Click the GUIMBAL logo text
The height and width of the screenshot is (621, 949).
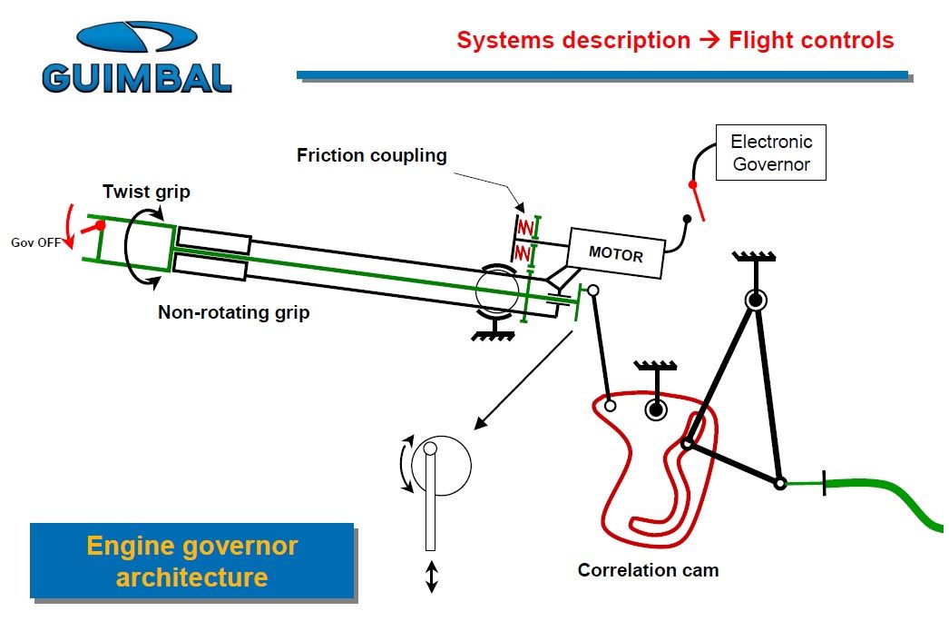(x=137, y=77)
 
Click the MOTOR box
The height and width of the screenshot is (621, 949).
(x=616, y=252)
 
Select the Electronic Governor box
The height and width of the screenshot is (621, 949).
(x=771, y=153)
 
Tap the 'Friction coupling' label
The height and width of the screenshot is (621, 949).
(x=371, y=155)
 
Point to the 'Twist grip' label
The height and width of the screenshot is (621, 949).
(x=146, y=192)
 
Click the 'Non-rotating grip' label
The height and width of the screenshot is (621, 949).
(x=233, y=313)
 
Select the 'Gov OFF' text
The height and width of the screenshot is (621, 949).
(x=34, y=242)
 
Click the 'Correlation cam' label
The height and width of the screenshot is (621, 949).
(x=648, y=570)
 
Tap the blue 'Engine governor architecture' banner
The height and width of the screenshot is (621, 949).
(x=191, y=561)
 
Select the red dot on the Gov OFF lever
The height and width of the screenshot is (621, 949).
(x=100, y=225)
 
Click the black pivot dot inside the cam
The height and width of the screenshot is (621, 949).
(x=654, y=410)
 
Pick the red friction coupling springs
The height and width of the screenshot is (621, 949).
(x=524, y=239)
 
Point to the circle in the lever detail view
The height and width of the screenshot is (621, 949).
(x=441, y=467)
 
